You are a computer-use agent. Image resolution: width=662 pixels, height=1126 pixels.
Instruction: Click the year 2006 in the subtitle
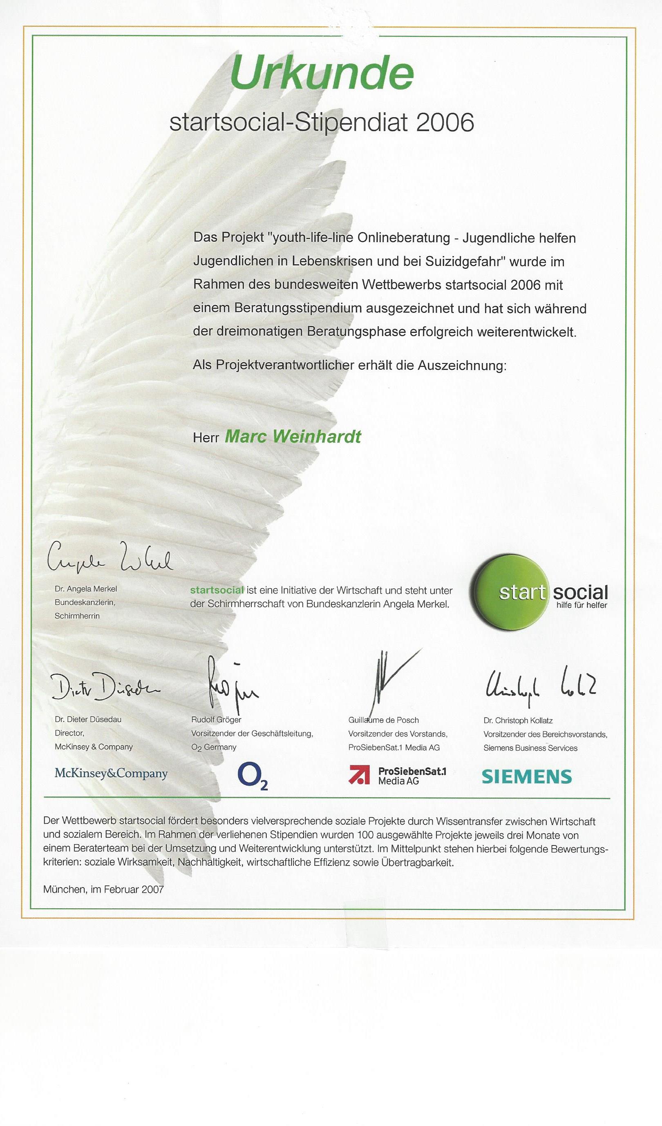(445, 123)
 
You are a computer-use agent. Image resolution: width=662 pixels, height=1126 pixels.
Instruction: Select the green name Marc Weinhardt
(293, 436)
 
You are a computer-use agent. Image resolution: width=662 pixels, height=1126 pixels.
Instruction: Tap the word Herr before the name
(206, 437)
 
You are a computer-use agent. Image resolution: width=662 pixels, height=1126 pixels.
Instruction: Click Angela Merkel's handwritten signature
(110, 559)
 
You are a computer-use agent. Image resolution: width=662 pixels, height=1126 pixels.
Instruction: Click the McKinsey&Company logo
(111, 774)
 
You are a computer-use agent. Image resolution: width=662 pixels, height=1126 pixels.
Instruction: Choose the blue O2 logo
(253, 777)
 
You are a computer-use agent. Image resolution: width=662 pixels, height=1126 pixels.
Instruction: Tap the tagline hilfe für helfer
(581, 605)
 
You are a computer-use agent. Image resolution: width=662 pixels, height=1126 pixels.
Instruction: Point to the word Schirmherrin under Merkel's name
(77, 616)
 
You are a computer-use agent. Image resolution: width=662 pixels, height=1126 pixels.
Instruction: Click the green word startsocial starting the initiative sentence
(217, 590)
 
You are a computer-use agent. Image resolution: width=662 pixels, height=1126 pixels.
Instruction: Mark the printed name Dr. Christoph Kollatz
(518, 720)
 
